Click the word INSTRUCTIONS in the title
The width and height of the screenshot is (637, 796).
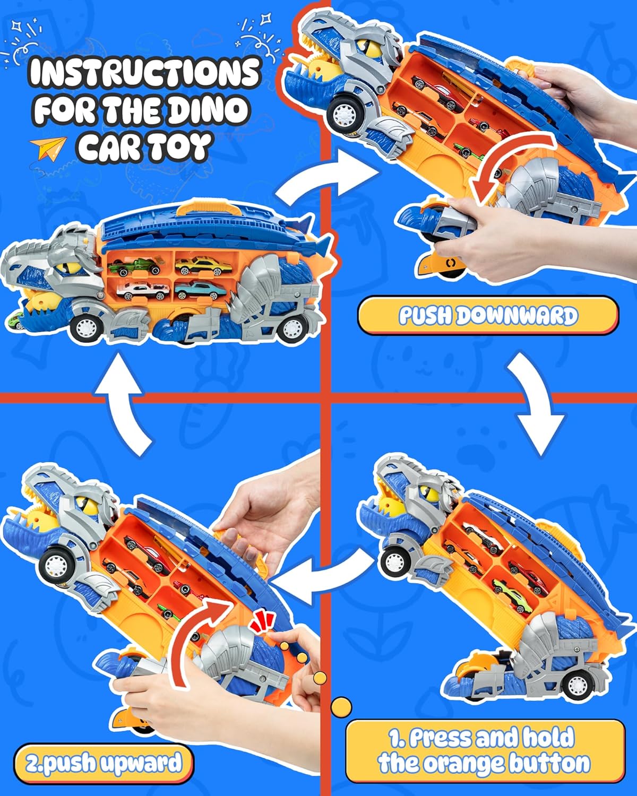click(144, 73)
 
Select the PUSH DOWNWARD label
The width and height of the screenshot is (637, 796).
click(487, 316)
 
